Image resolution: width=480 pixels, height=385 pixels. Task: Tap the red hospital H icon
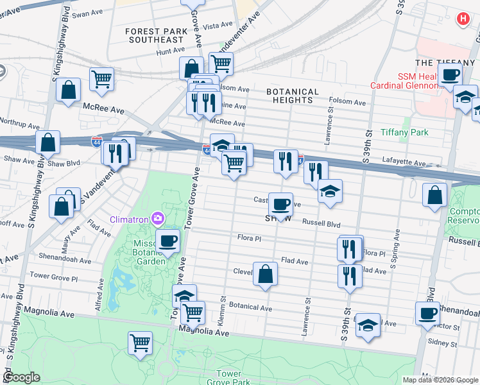click(x=462, y=20)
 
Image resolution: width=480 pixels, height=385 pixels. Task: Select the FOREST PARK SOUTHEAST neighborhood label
click(x=155, y=35)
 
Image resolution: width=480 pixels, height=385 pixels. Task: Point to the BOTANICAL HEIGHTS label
click(x=293, y=96)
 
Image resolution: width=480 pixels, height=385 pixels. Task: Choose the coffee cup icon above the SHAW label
click(x=280, y=204)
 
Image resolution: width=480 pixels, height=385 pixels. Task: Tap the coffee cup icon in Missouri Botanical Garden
click(x=167, y=241)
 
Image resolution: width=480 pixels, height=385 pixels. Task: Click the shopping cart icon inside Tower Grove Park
click(x=140, y=341)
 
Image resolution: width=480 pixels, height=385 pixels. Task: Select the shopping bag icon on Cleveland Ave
click(x=265, y=274)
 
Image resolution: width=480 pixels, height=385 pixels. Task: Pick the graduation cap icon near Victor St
click(x=368, y=325)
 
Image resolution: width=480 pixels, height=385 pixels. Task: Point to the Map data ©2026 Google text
click(x=440, y=380)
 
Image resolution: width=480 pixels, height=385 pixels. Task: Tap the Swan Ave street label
click(x=87, y=14)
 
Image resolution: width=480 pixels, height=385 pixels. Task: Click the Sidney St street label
click(x=444, y=344)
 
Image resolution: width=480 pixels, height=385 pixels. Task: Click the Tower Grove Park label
click(x=228, y=378)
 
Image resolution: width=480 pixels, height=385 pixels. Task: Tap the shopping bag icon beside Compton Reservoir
click(x=434, y=194)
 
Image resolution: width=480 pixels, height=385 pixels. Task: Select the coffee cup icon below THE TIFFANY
click(x=450, y=74)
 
